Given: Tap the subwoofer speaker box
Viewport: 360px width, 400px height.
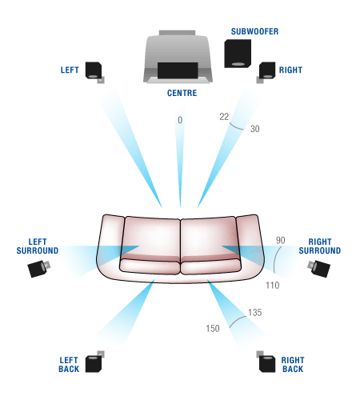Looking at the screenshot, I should [x=237, y=54].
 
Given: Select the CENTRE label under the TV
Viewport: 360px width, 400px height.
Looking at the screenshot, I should [x=182, y=93].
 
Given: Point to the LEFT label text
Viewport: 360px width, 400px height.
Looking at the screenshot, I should [x=70, y=70].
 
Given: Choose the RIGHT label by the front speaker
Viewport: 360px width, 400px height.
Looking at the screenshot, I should [x=290, y=70].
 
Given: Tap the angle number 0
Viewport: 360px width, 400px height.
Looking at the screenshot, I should [x=180, y=119].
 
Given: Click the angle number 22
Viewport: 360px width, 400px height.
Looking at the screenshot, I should [x=224, y=117].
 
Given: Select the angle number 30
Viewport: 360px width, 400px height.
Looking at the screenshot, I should [x=254, y=128].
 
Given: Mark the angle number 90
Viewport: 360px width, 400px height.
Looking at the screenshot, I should [x=280, y=240].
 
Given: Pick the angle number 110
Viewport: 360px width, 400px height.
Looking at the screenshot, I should [x=274, y=284].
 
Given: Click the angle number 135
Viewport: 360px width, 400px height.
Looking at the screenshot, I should [x=255, y=312].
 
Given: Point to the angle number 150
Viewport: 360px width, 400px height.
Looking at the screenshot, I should [x=211, y=328].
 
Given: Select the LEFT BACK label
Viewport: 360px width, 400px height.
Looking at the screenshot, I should [x=69, y=364].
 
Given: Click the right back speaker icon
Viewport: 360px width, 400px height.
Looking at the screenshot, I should [x=267, y=362].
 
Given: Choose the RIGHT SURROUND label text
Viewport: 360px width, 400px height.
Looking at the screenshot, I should [x=319, y=246].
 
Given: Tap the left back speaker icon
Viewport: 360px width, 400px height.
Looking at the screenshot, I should [x=94, y=362].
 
